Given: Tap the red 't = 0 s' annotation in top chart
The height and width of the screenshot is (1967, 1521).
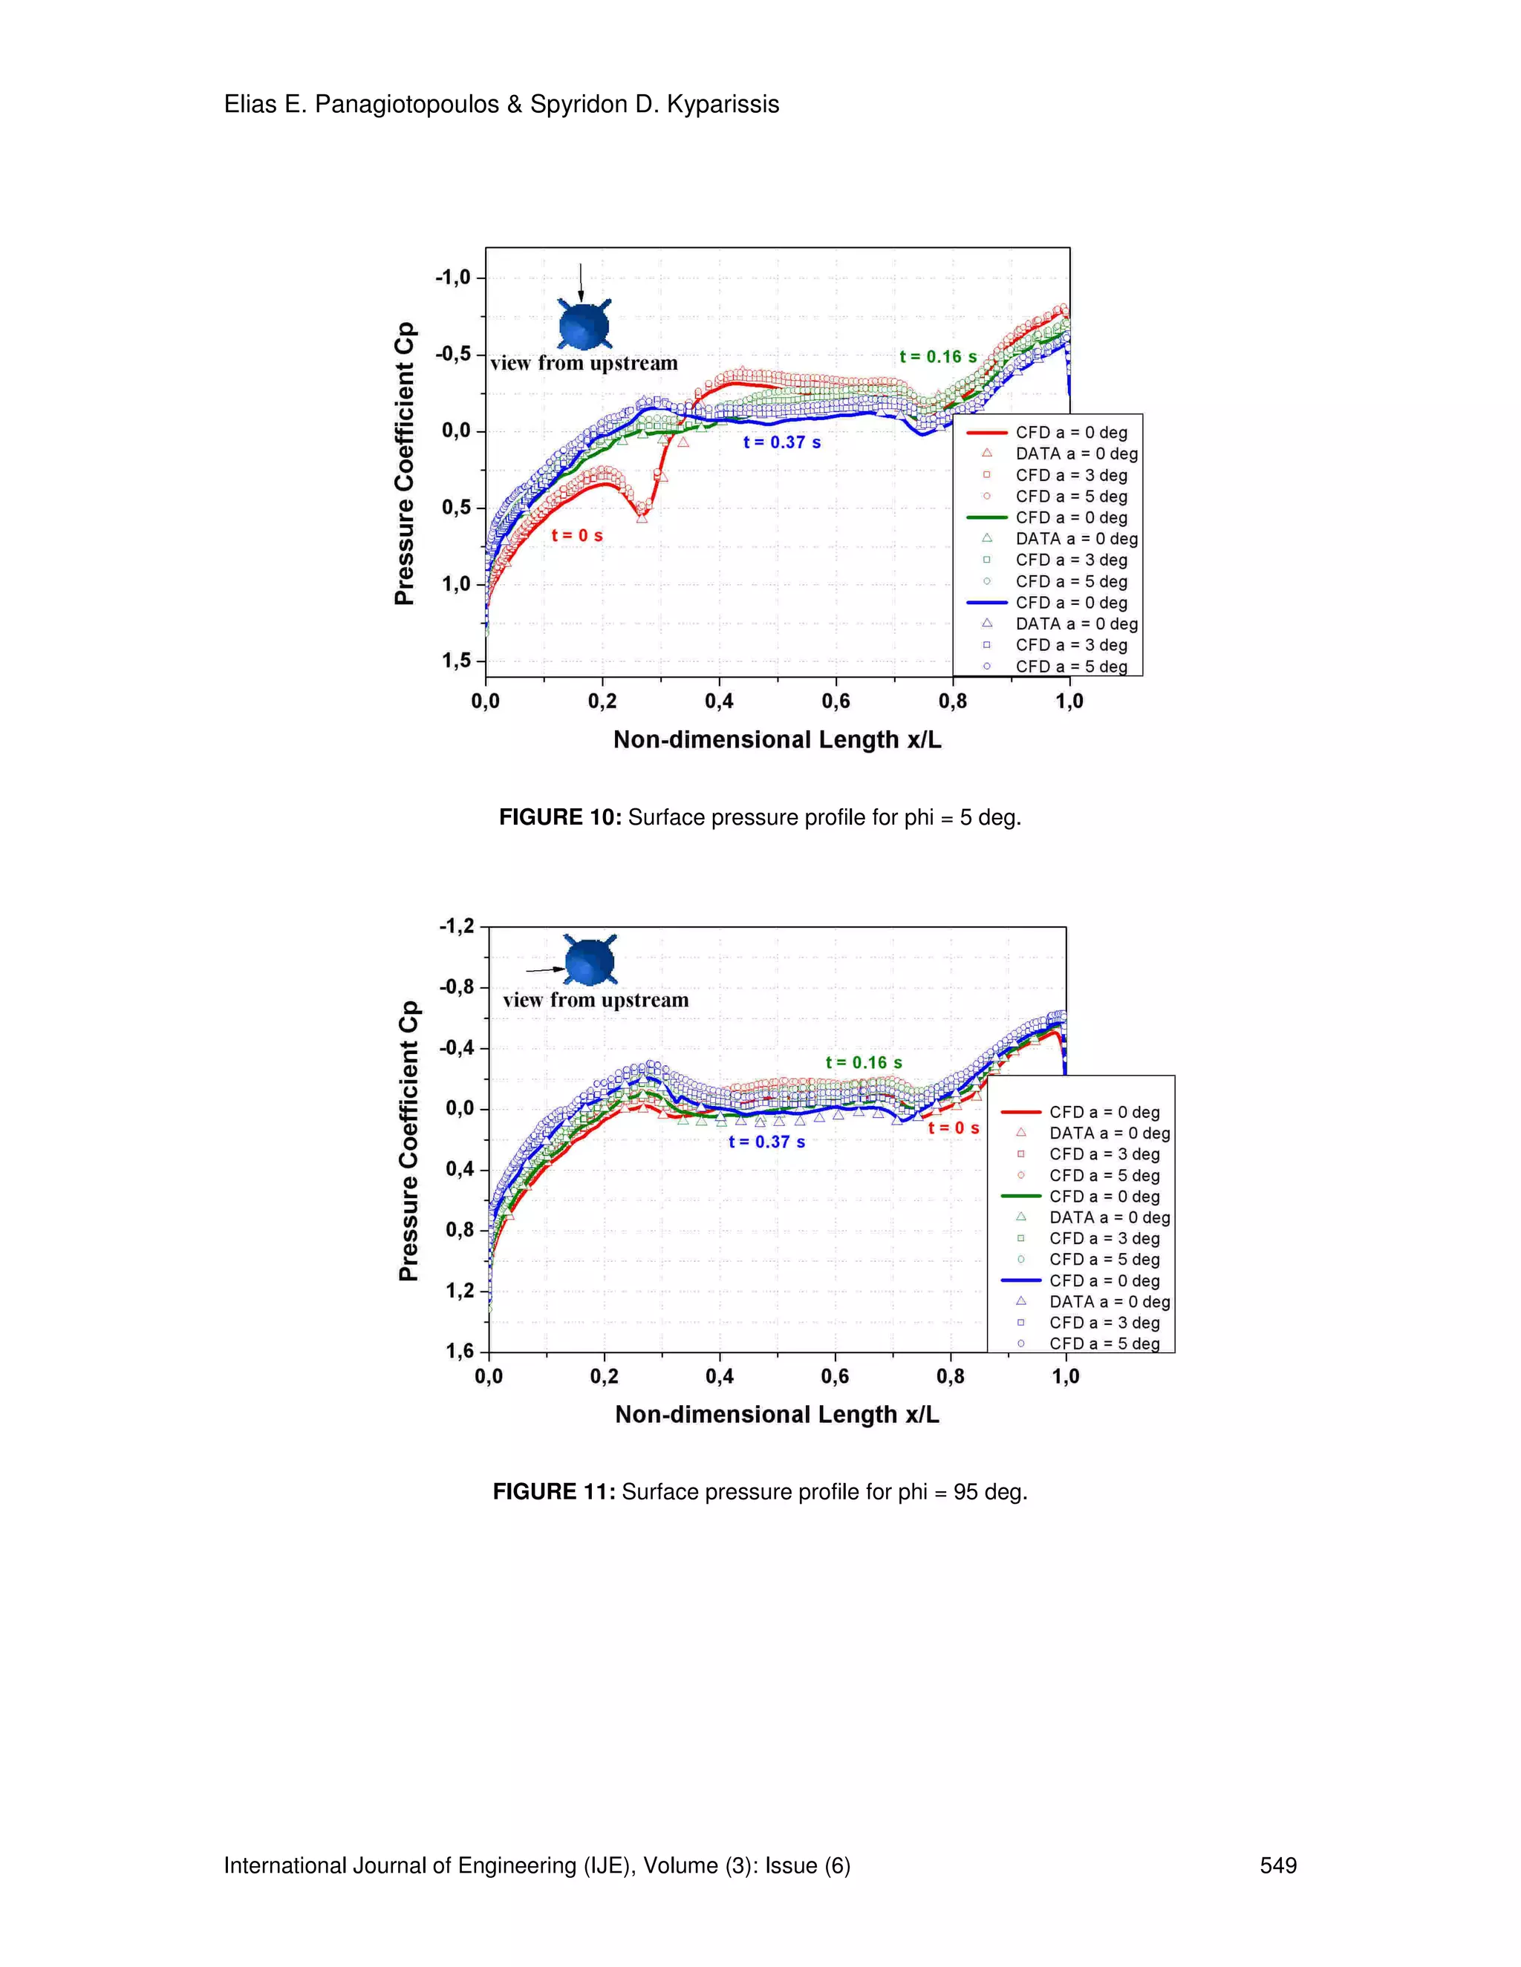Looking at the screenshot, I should click(576, 536).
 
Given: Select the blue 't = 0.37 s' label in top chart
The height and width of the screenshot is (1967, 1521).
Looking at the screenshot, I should click(781, 442).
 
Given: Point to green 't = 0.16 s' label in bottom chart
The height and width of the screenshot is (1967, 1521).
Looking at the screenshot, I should click(863, 1063).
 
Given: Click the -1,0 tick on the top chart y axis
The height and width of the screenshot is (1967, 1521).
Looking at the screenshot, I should click(453, 278).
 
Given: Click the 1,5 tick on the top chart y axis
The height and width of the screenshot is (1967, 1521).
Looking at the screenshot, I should click(456, 661).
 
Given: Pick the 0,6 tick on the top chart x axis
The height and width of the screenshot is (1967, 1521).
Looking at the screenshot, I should click(836, 701).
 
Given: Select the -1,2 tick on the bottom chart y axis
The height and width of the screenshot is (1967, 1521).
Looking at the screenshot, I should click(457, 927).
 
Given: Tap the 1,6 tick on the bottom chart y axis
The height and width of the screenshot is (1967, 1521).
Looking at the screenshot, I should click(460, 1351).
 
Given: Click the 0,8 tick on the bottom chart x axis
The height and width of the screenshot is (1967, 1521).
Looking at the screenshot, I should click(950, 1377).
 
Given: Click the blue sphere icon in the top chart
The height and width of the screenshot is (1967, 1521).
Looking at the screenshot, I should click(584, 325).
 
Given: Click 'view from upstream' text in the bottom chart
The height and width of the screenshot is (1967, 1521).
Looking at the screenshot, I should click(596, 1001).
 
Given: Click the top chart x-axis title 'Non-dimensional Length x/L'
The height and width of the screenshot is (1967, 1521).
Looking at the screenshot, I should click(777, 740).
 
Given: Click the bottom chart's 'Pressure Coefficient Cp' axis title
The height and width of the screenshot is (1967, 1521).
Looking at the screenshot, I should click(409, 1140).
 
